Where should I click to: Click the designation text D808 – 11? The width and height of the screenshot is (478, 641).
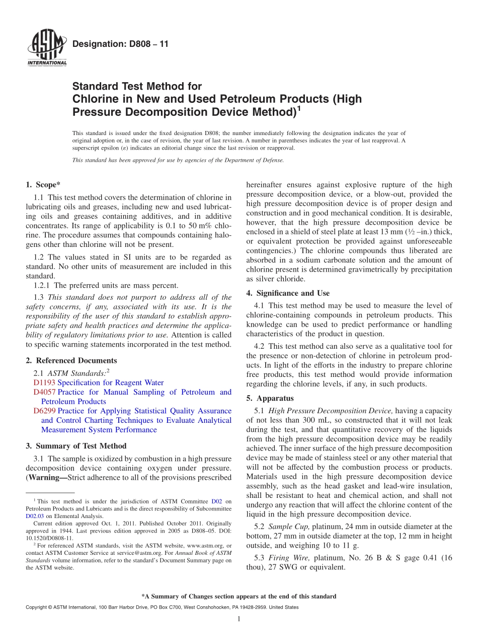(121, 44)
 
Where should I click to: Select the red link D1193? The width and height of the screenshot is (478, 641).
(44, 383)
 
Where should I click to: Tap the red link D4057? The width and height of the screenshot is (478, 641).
(44, 392)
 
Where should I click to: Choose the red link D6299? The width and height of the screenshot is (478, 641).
(44, 411)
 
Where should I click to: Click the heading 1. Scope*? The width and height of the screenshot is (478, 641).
(43, 185)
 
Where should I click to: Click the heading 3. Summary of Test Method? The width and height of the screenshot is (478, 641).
(76, 446)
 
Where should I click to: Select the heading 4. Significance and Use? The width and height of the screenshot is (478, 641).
(288, 293)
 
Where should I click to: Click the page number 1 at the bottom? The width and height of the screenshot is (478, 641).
(239, 619)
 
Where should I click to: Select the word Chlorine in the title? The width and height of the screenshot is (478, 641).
(96, 99)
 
